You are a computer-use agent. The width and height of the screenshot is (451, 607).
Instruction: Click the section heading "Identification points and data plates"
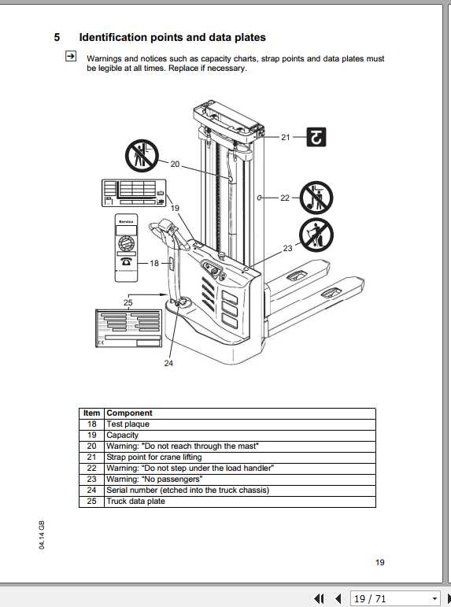click(x=172, y=37)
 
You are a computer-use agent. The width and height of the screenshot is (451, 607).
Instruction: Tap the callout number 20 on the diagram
click(x=175, y=164)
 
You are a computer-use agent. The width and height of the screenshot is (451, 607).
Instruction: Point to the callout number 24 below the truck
click(x=168, y=363)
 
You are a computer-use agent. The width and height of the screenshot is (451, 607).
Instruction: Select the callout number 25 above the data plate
click(x=128, y=302)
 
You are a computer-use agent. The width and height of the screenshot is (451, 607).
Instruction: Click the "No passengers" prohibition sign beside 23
click(x=316, y=235)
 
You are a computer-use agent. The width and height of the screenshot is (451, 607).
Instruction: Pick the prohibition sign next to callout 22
click(x=316, y=198)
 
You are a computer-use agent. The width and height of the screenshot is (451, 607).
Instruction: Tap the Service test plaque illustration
click(x=126, y=246)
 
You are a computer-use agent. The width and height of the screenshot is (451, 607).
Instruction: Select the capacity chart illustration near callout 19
click(x=134, y=194)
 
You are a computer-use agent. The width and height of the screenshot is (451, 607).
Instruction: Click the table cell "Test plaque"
click(x=128, y=424)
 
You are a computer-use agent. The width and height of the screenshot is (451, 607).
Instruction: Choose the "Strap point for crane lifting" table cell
click(x=154, y=457)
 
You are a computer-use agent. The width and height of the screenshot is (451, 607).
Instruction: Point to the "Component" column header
click(x=129, y=413)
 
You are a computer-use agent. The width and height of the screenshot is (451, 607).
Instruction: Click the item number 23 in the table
click(x=92, y=479)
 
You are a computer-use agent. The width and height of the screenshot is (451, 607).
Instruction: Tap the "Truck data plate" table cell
click(x=136, y=502)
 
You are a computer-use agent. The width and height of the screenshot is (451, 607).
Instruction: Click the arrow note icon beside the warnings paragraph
click(x=71, y=57)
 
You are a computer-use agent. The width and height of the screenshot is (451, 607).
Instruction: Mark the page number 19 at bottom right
click(x=379, y=562)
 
